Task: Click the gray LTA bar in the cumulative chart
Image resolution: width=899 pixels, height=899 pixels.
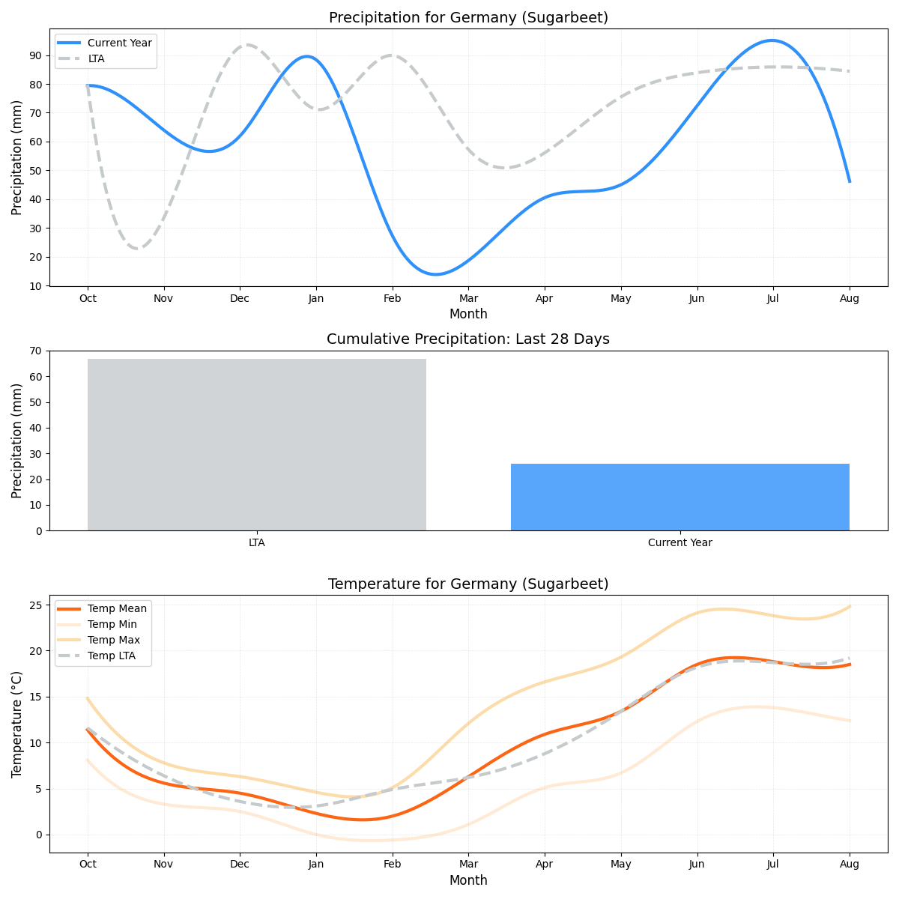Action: [x=256, y=445]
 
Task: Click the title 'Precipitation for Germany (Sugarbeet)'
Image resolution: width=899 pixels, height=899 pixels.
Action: [x=468, y=18]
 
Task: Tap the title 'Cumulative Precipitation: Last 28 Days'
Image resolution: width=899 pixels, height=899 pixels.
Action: [x=468, y=339]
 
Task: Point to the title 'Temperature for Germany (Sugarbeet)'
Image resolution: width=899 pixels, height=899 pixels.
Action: [x=468, y=584]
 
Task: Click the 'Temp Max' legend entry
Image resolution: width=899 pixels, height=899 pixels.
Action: [x=113, y=640]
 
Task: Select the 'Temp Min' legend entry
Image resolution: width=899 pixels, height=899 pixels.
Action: [x=112, y=624]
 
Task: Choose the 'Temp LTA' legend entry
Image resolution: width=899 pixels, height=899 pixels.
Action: [x=111, y=656]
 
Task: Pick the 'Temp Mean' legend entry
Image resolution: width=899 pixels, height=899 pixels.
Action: [x=117, y=608]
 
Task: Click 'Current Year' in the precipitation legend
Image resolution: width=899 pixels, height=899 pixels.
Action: [x=119, y=43]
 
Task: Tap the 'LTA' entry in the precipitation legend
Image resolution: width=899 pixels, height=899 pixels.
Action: [x=96, y=58]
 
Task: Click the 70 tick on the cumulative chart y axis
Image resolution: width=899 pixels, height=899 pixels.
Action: [x=36, y=351]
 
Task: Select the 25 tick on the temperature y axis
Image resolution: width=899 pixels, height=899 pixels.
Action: [x=36, y=605]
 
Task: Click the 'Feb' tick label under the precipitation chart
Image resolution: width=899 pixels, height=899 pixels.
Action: [x=392, y=298]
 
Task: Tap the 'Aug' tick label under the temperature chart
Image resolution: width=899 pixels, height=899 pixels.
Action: [x=849, y=865]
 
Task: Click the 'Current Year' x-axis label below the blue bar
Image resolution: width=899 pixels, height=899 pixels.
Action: [x=679, y=542]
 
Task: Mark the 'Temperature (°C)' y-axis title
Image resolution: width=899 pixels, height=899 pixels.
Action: [x=17, y=724]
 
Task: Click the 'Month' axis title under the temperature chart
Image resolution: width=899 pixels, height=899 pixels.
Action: [x=468, y=880]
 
